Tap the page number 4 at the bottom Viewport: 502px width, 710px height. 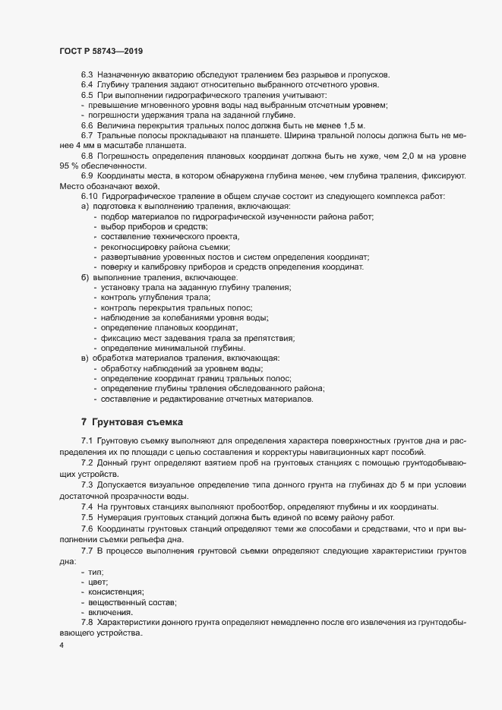61,646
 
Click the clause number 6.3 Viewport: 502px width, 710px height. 87,74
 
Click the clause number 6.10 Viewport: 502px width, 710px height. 90,197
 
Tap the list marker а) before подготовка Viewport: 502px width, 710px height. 85,207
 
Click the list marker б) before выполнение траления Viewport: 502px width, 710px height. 85,277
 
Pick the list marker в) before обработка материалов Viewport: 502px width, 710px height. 85,358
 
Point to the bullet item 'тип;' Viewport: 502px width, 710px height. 96,570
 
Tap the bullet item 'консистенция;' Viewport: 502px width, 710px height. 116,591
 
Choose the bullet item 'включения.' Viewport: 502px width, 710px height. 110,612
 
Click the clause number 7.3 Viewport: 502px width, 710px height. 87,484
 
